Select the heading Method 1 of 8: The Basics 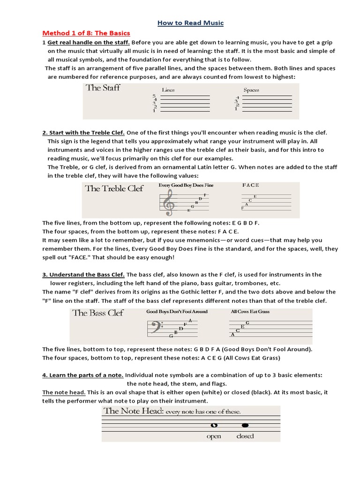[86, 33]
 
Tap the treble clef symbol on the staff [167, 203]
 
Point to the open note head [214, 426]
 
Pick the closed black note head [244, 426]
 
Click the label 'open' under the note [214, 436]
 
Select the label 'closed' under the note [245, 436]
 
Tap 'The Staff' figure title [103, 88]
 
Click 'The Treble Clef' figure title [114, 188]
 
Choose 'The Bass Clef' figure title [98, 313]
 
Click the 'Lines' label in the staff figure [168, 90]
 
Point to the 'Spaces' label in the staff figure [251, 90]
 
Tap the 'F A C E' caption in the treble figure [250, 185]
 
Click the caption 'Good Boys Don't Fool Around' [177, 311]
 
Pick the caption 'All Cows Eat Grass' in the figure [250, 311]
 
